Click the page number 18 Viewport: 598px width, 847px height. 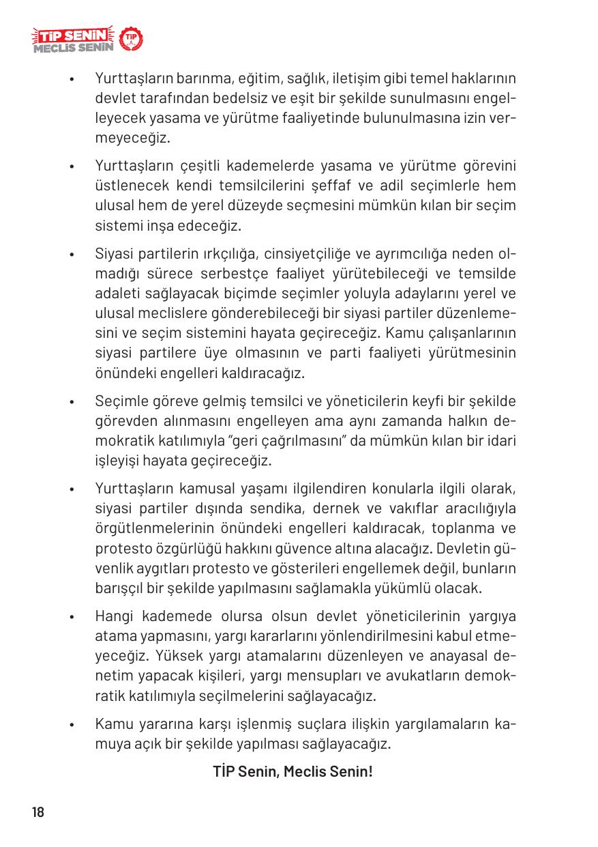click(x=38, y=812)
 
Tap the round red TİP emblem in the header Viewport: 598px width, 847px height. click(x=130, y=40)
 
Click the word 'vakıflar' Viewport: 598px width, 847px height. click(x=410, y=509)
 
